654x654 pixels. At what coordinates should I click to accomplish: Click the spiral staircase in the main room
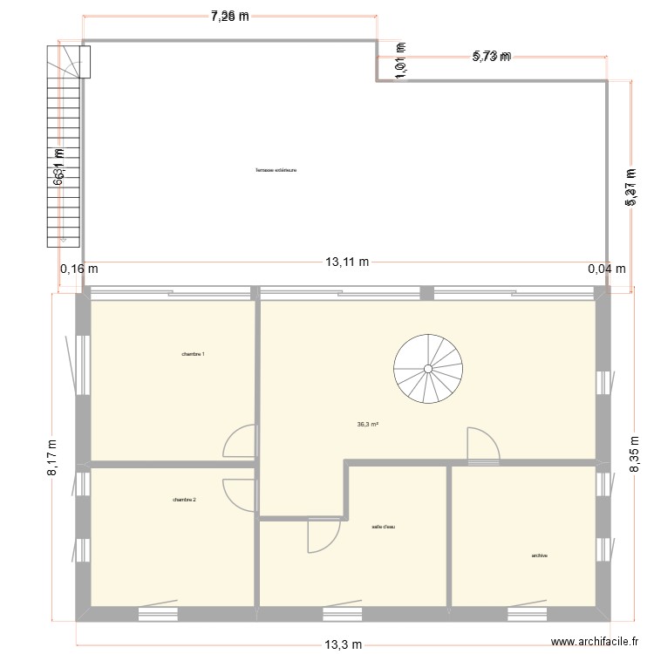tap(428, 370)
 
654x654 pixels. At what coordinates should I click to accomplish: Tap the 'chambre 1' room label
tap(194, 354)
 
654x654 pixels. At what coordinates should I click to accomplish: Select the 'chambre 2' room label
tap(184, 500)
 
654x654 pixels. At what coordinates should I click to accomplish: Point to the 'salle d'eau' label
tap(384, 527)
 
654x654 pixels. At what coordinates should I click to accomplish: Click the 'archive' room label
tap(539, 555)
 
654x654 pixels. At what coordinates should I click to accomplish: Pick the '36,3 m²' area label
tap(367, 425)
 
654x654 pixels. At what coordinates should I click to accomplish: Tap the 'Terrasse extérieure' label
tap(276, 170)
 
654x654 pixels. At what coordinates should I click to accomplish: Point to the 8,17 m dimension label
tap(52, 457)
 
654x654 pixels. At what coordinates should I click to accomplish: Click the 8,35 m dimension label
tap(635, 454)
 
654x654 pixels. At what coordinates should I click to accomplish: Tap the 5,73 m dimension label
tap(491, 57)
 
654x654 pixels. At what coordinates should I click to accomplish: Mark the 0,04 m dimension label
tap(607, 269)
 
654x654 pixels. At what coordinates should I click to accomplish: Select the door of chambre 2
tap(239, 495)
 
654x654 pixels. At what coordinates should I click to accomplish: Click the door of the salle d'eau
tap(323, 534)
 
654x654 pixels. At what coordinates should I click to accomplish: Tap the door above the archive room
tap(482, 444)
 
